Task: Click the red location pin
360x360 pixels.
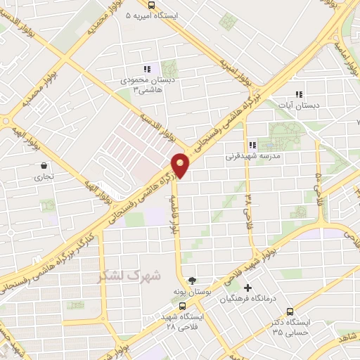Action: pyautogui.click(x=182, y=165)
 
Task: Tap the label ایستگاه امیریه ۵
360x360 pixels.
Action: pyautogui.click(x=155, y=15)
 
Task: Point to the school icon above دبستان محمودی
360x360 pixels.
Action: pyautogui.click(x=147, y=69)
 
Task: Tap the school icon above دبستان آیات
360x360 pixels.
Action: pyautogui.click(x=299, y=94)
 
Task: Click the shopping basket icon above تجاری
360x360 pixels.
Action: pyautogui.click(x=44, y=167)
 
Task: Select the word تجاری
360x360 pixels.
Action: pyautogui.click(x=44, y=178)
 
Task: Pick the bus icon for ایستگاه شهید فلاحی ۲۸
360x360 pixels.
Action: pyautogui.click(x=183, y=307)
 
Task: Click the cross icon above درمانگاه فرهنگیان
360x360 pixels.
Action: pyautogui.click(x=247, y=288)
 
